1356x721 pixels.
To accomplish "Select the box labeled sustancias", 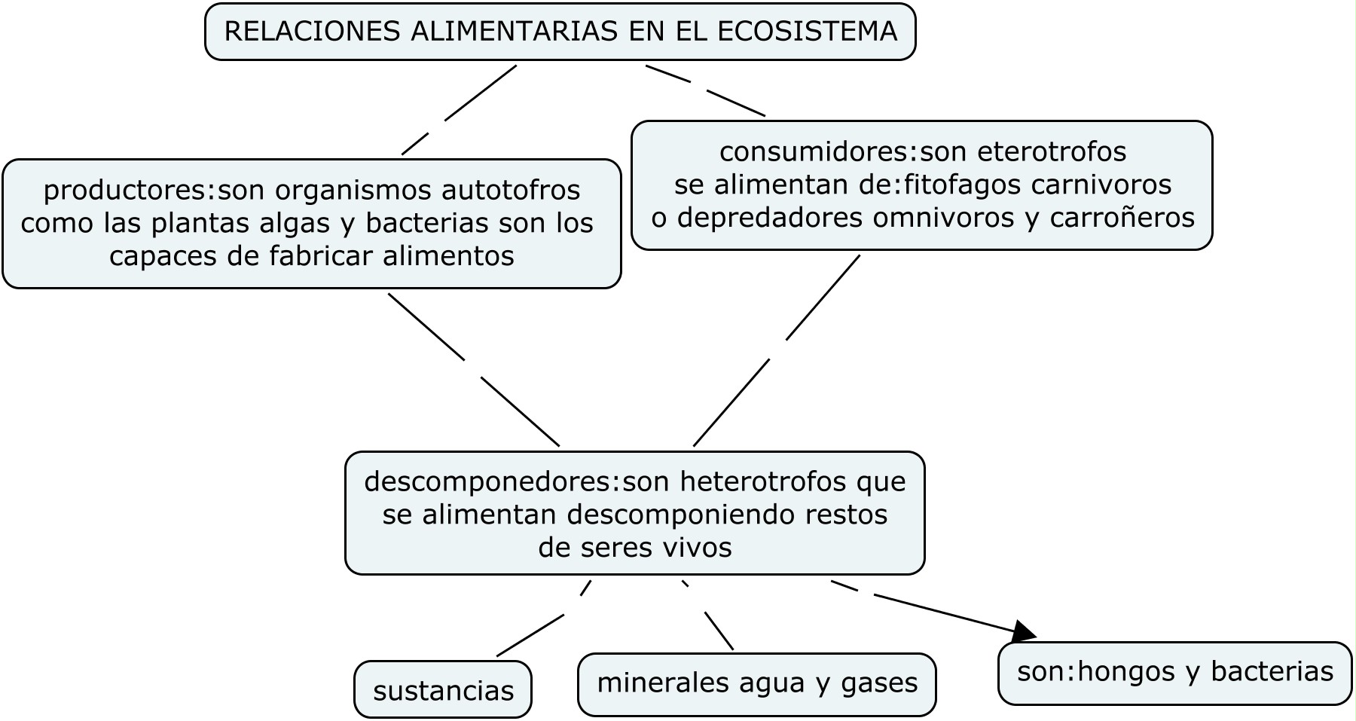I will coord(443,690).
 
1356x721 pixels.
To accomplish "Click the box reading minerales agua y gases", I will coord(757,683).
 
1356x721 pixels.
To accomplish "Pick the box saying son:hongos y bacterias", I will coord(1174,671).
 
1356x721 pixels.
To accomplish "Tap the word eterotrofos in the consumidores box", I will coord(1052,151).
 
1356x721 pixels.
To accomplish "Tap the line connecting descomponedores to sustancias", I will coord(531,634).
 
